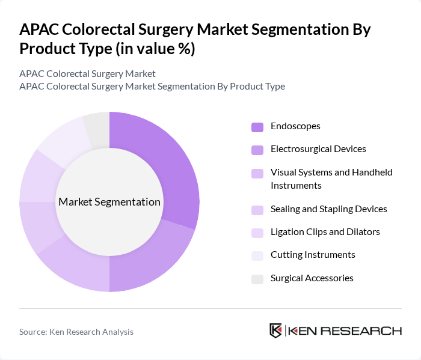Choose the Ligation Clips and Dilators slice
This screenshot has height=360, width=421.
click(37, 177)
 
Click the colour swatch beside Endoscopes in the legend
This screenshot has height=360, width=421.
click(257, 127)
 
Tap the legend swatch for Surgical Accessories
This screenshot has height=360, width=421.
click(257, 279)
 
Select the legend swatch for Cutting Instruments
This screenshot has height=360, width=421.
click(257, 255)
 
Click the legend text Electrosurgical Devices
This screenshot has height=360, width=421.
click(318, 149)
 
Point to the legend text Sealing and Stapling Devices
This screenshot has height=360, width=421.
click(328, 209)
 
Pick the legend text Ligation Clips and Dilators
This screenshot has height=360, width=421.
click(325, 232)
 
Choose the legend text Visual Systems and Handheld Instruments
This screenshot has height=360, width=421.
click(331, 179)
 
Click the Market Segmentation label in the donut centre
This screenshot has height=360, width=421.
click(109, 202)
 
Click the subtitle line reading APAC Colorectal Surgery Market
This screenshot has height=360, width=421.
click(87, 74)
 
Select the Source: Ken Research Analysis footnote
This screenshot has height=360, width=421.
click(76, 332)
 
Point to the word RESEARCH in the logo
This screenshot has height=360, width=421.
click(367, 331)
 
